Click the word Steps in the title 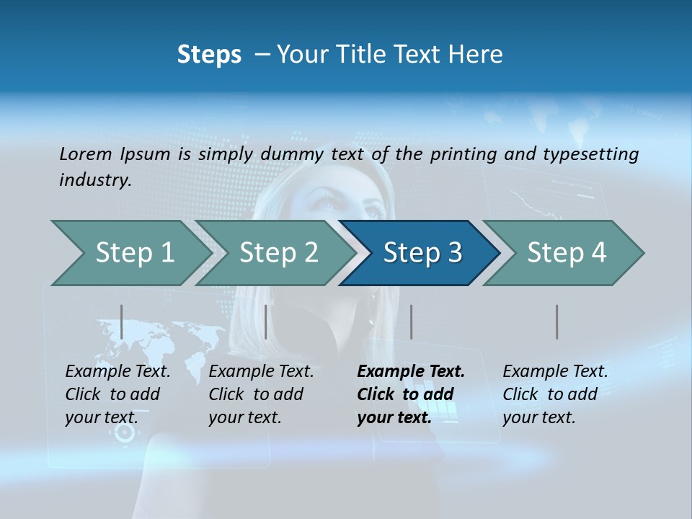209,54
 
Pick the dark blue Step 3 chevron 422,253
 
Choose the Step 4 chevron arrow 567,253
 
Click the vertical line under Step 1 122,321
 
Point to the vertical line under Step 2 266,321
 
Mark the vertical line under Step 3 411,321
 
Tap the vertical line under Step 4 556,321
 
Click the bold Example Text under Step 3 411,371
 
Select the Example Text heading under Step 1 117,371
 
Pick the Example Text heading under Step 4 555,371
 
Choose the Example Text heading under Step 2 261,371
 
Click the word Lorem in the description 85,154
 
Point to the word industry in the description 95,179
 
